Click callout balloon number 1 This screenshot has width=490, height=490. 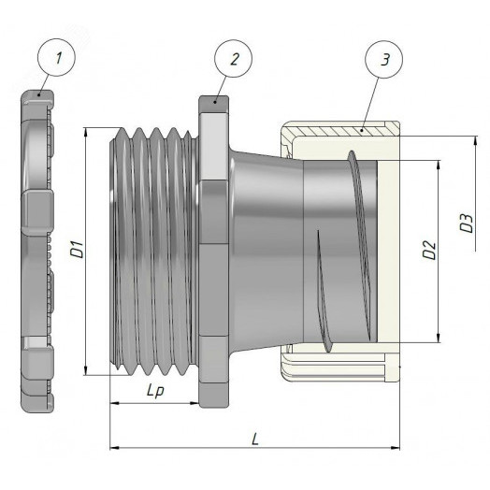[x=56, y=57]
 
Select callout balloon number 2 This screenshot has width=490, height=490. [x=233, y=58]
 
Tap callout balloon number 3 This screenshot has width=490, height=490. [x=384, y=59]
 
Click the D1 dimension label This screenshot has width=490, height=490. [x=78, y=249]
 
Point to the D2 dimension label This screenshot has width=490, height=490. [x=429, y=250]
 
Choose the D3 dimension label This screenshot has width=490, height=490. [x=467, y=223]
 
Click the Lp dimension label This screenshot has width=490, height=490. [x=155, y=391]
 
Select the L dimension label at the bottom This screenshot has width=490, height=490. [x=255, y=439]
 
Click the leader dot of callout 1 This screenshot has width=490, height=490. [x=39, y=94]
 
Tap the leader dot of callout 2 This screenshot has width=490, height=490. [x=215, y=102]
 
